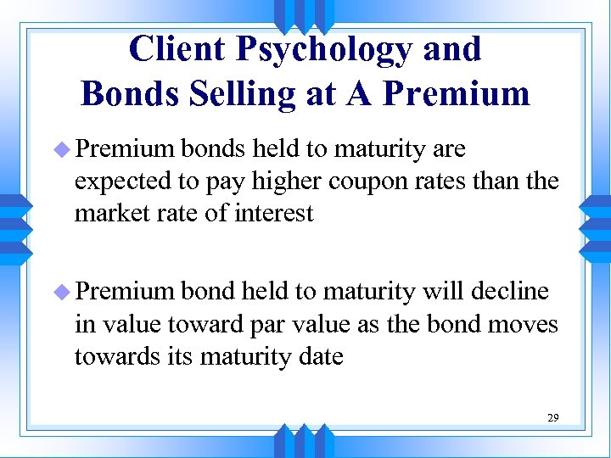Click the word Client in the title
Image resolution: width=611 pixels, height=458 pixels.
177,48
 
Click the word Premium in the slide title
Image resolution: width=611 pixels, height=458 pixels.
457,92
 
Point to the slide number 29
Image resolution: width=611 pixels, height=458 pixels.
553,418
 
